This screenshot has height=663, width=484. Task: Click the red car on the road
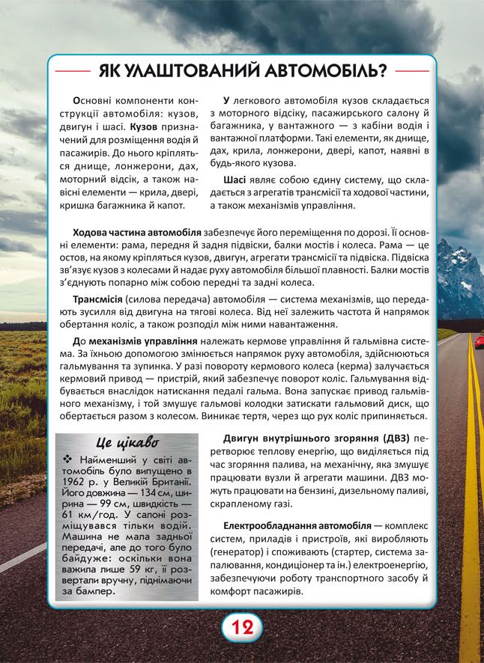tap(477, 341)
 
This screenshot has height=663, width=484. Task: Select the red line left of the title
tap(73, 73)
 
